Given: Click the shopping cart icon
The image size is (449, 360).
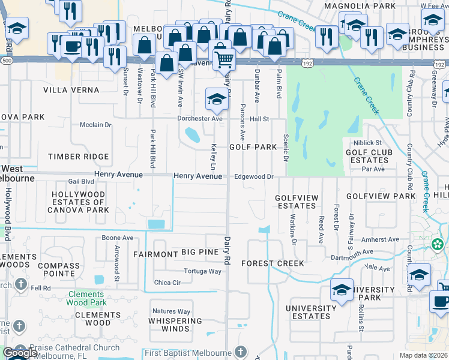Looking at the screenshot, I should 223,59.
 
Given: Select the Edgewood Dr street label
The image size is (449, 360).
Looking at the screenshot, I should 254,176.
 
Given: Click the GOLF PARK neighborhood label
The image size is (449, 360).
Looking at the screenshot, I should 253,147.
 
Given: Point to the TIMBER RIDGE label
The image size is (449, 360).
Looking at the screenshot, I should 79,157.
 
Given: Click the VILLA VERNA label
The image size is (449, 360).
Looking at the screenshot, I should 71,90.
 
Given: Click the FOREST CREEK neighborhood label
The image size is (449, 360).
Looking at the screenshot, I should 273,263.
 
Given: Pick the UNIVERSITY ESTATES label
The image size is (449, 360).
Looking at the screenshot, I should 307,312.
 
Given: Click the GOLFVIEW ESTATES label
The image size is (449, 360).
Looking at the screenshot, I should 296,202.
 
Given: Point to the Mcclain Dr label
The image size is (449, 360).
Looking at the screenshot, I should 96,125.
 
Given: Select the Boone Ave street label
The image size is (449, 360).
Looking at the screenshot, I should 118,238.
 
